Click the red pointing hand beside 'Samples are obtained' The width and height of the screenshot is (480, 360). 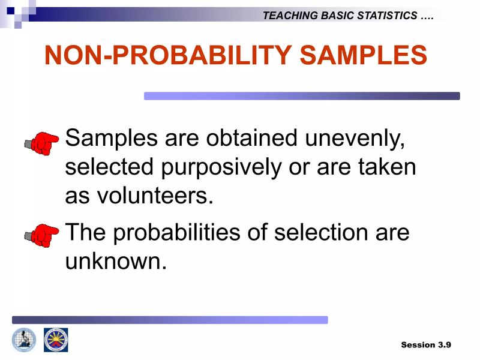[41, 143]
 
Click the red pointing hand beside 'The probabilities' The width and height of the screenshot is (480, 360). [41, 235]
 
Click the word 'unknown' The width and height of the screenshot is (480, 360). [115, 261]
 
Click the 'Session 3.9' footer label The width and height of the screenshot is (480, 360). [426, 344]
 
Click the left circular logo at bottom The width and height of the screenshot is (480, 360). [24, 340]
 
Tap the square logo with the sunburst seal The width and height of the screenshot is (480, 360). [56, 340]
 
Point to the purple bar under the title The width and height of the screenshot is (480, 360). [302, 96]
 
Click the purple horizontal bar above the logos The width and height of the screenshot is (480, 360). [170, 320]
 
